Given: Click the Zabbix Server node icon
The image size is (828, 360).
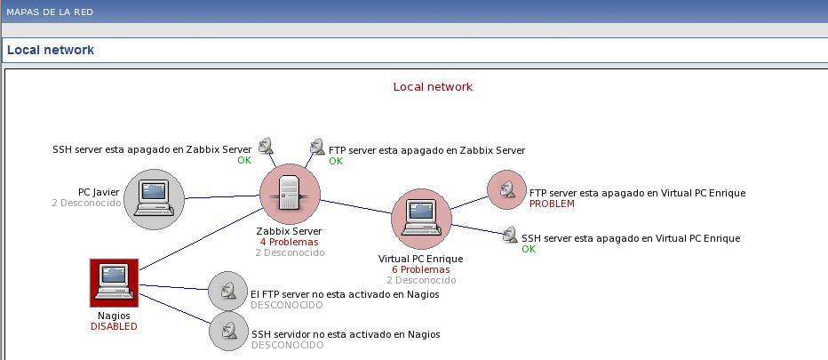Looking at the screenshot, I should [x=290, y=195].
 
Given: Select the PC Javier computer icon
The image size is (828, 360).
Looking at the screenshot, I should [x=154, y=198].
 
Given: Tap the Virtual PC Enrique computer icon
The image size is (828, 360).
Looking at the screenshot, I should [x=421, y=219].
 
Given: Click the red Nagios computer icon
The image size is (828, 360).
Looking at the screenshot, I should [x=114, y=283].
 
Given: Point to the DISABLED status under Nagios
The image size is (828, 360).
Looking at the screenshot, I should [x=114, y=326].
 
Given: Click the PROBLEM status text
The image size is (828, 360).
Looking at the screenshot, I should [x=552, y=204].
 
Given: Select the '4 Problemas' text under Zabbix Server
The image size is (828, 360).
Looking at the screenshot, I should [x=289, y=242].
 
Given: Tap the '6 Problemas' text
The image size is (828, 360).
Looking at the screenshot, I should [x=420, y=269].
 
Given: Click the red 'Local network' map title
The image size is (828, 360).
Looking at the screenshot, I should [x=433, y=87].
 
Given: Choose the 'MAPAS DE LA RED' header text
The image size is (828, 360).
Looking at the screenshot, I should [x=50, y=12].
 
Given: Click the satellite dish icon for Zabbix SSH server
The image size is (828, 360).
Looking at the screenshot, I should [x=266, y=146].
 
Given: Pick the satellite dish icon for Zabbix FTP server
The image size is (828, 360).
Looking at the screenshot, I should [x=316, y=147].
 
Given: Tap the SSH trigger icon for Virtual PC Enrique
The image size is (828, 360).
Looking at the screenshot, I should [x=509, y=236].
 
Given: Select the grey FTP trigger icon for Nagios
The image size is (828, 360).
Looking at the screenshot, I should [x=228, y=291].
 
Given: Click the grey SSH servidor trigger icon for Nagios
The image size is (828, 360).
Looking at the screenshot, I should [x=228, y=331].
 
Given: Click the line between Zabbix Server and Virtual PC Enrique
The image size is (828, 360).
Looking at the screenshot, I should [x=355, y=206].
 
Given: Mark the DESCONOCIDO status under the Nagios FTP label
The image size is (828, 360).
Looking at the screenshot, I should [x=286, y=305].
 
